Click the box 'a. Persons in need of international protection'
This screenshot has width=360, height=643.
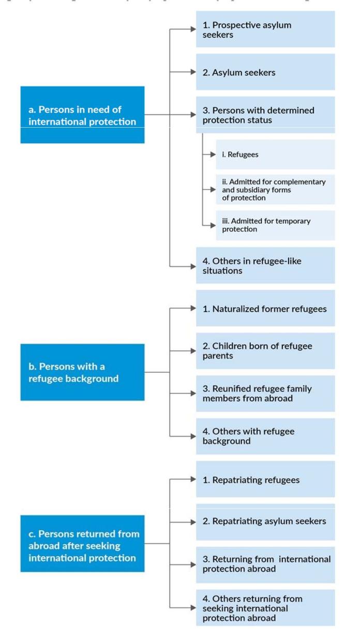point(82,115)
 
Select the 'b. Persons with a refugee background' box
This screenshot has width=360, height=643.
point(82,372)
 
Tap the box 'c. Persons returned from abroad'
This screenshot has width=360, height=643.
point(82,543)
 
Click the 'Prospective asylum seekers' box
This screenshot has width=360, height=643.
point(265,29)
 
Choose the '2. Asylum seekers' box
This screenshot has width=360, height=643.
point(265,72)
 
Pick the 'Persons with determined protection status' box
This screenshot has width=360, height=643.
point(265,115)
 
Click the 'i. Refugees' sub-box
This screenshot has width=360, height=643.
point(275,155)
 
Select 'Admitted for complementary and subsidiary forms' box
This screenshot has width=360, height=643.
point(275,190)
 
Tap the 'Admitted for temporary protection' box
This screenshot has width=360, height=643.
point(275,225)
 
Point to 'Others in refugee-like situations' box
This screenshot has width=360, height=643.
point(265,265)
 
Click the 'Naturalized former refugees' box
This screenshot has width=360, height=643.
point(265,308)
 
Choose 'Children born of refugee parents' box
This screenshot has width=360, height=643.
point(265,351)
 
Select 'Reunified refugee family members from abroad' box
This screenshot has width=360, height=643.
point(265,393)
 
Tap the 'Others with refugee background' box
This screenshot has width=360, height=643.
point(265,436)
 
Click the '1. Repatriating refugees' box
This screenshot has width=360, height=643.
point(265,479)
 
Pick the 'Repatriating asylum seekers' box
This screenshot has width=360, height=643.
point(265,522)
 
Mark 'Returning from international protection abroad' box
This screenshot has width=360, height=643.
point(265,564)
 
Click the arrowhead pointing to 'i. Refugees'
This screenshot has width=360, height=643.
point(213,155)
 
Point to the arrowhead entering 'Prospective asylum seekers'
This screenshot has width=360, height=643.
point(193,29)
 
